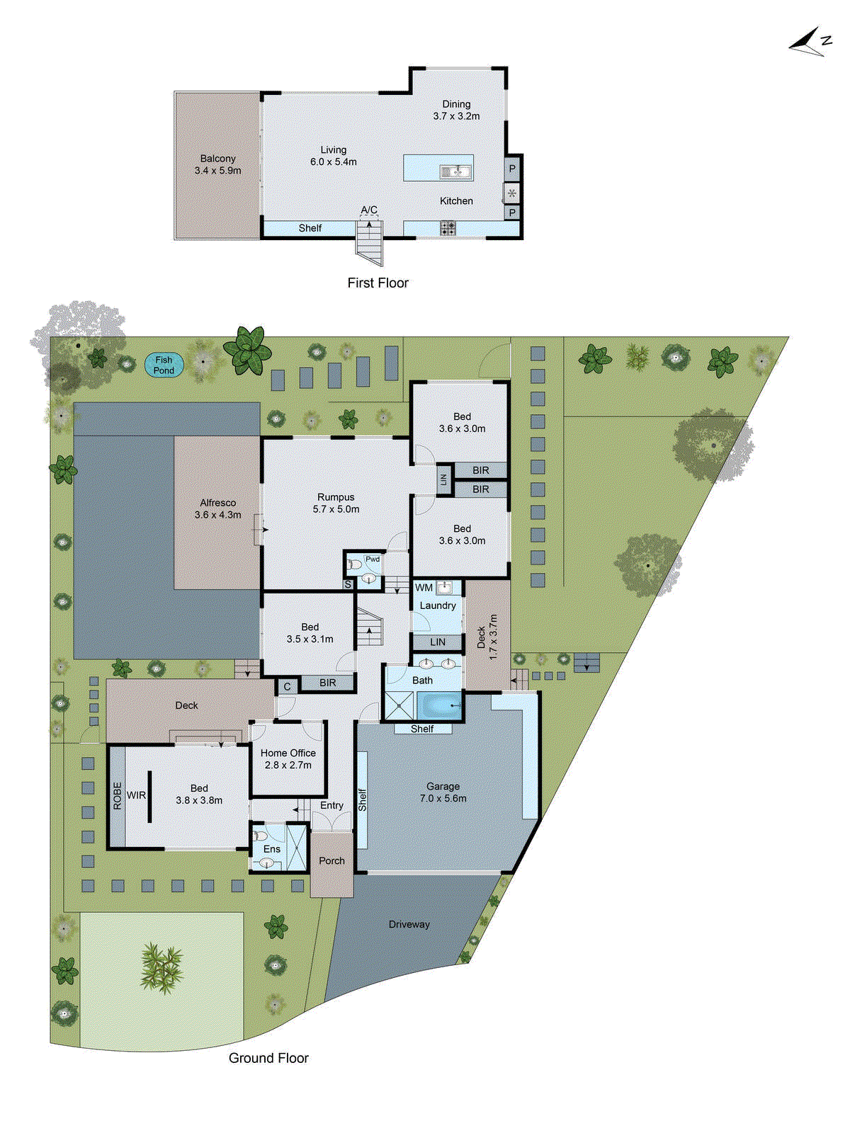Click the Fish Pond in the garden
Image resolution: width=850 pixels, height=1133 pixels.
(x=164, y=365)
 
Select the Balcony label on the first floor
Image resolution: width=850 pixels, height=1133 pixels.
(x=217, y=159)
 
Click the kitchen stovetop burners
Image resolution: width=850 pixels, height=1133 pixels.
(x=448, y=228)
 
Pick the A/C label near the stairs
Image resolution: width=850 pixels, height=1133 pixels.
(x=369, y=210)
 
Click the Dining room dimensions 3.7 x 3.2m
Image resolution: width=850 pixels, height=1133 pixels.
(x=456, y=116)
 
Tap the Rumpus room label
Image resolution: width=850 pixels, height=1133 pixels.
(x=336, y=497)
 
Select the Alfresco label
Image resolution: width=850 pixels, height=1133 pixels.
(x=217, y=503)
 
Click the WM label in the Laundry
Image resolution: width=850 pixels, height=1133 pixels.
(x=424, y=588)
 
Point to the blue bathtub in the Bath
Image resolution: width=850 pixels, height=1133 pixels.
(x=439, y=706)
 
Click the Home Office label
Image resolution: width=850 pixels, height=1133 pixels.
(x=288, y=753)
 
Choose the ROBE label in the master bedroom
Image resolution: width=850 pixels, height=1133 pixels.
(x=118, y=795)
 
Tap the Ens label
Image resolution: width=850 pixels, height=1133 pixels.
(x=272, y=849)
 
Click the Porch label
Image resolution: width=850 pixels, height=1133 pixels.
(x=331, y=860)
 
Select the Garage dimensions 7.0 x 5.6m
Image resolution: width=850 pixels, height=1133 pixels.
(x=443, y=798)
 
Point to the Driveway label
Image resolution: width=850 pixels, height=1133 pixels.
(x=409, y=924)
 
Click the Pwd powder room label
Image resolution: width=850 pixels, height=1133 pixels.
(x=373, y=559)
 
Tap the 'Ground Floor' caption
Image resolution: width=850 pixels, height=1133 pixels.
(x=268, y=1058)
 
